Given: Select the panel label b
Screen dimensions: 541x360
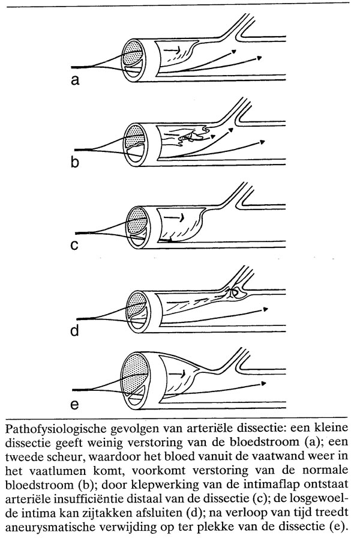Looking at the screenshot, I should coord(75,162).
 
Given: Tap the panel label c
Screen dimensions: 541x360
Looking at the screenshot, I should coord(75,246).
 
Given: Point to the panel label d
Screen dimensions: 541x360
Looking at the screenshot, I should coord(75,330).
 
